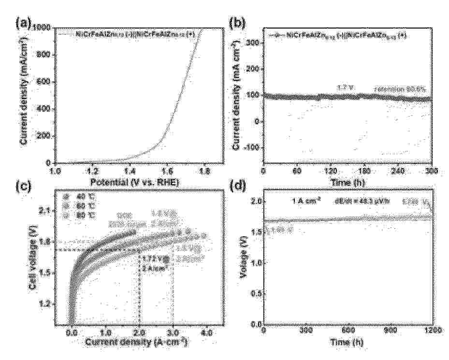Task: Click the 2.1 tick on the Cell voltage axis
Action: click(x=46, y=210)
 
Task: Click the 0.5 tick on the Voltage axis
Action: click(x=254, y=293)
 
